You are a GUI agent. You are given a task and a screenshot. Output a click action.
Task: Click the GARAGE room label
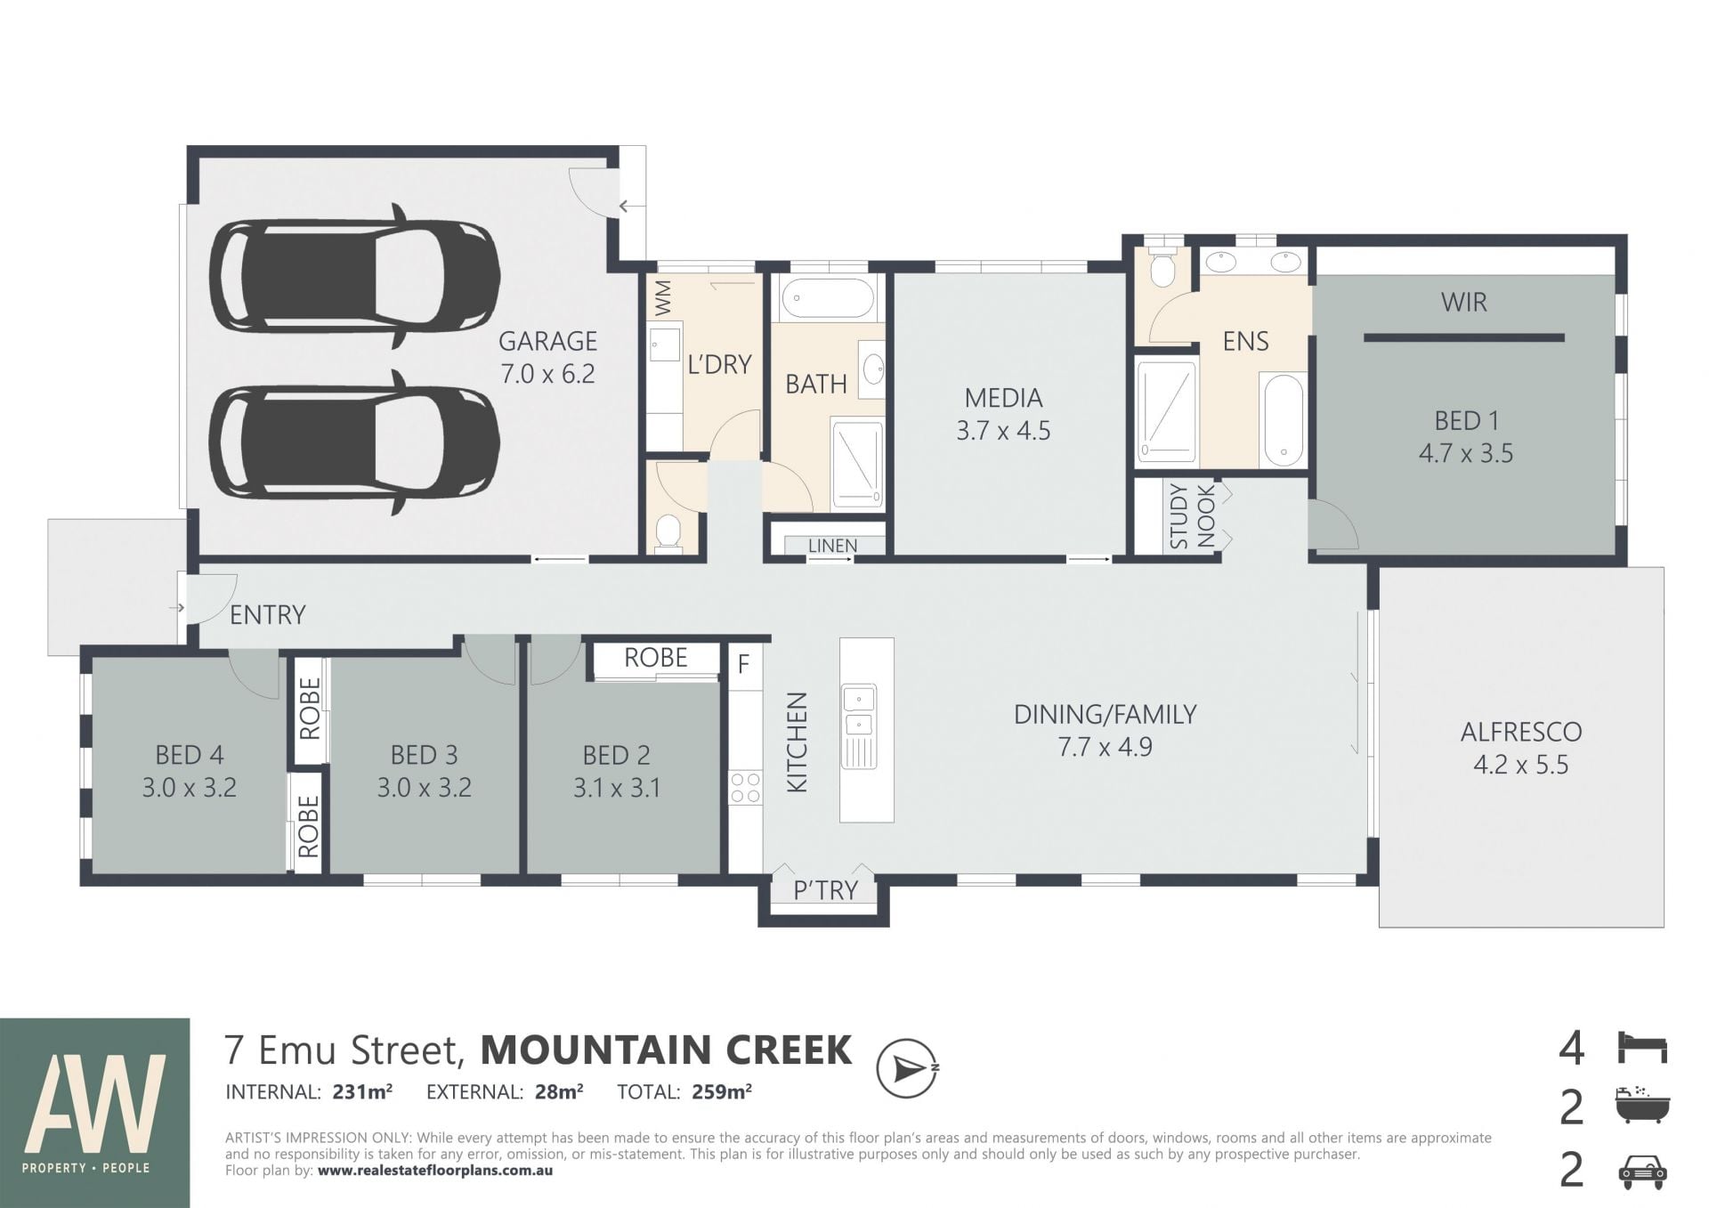(x=547, y=341)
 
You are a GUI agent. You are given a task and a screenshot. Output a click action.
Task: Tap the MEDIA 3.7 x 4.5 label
(x=1003, y=414)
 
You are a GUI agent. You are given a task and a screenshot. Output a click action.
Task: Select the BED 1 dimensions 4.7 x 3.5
(x=1466, y=453)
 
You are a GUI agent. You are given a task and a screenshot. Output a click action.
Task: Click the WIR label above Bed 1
(x=1464, y=303)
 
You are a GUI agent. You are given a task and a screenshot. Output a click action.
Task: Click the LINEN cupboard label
(x=833, y=546)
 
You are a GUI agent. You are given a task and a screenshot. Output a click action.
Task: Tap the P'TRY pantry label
(x=825, y=890)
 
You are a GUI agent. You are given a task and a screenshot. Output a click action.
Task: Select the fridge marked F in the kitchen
(x=744, y=664)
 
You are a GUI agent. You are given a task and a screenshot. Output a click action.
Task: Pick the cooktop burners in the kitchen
(x=745, y=788)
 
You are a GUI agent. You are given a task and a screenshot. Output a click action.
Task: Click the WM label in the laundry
(x=663, y=298)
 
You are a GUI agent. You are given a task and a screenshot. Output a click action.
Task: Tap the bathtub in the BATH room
(x=827, y=298)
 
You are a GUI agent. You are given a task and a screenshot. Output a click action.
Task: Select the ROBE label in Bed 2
(x=656, y=658)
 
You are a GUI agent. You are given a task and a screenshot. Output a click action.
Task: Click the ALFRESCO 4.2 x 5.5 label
(x=1521, y=748)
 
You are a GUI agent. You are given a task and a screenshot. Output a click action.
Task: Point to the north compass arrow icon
(x=907, y=1068)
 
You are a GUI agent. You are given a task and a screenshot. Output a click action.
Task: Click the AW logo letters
(x=95, y=1102)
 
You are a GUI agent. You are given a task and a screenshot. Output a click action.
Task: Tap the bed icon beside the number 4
(x=1642, y=1048)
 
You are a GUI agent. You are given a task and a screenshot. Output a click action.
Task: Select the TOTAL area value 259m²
(x=722, y=1091)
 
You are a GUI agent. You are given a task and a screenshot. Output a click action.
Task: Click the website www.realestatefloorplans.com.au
(x=435, y=1171)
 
